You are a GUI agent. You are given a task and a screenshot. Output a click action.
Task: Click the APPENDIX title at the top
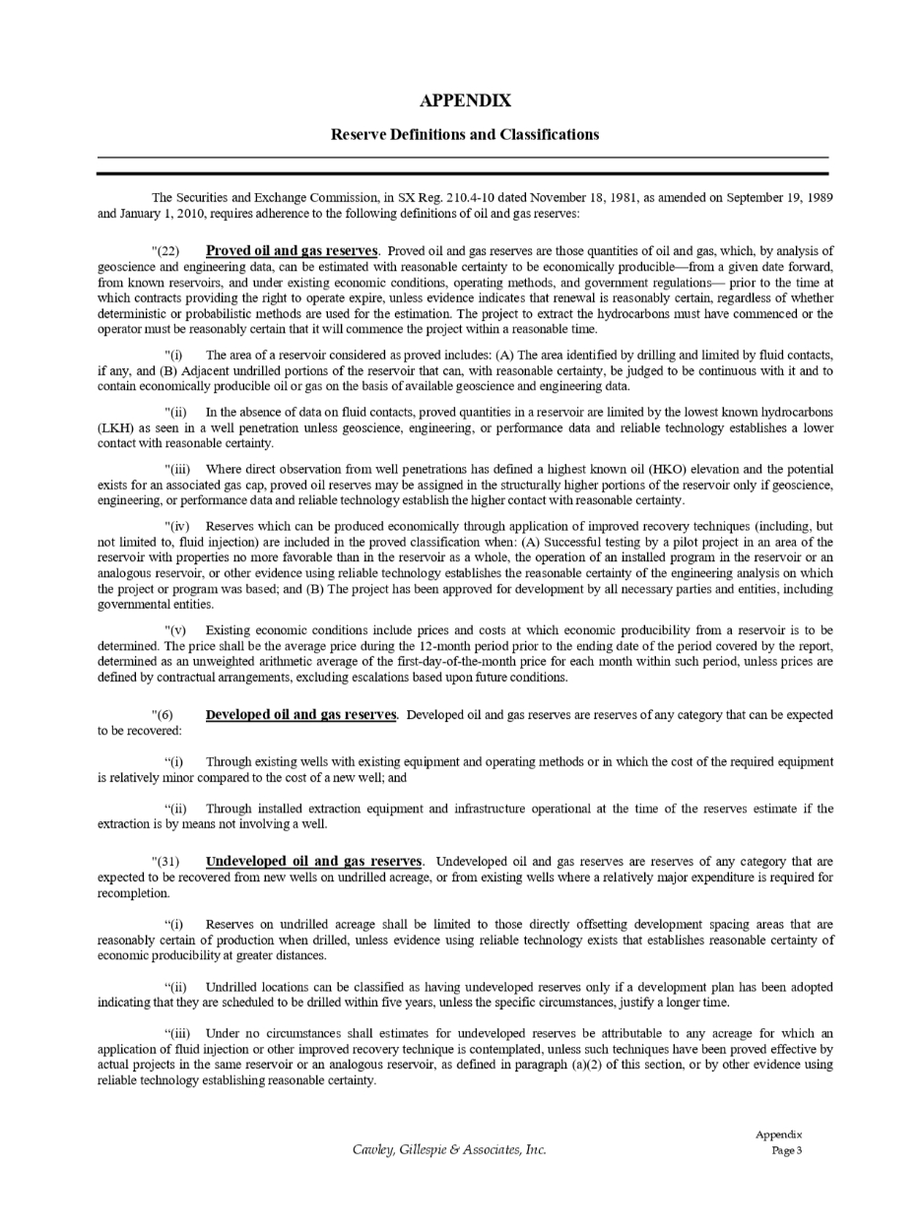(x=465, y=100)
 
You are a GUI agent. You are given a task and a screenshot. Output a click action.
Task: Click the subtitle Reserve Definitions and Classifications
(x=465, y=134)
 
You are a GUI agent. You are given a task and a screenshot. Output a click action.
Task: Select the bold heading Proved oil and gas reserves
(x=292, y=251)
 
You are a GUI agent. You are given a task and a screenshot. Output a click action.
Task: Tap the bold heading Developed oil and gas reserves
(x=301, y=715)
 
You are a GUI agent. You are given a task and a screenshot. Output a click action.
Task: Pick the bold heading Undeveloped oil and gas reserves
(x=314, y=862)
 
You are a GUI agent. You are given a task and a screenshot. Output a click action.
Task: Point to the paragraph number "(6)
(x=163, y=716)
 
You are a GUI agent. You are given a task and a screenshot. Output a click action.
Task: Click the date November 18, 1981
(x=582, y=198)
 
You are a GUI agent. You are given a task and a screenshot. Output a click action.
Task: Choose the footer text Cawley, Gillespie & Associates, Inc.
(x=449, y=1149)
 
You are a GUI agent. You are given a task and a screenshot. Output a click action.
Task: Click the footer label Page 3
(x=788, y=1151)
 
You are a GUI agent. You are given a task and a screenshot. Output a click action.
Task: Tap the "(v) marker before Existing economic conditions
(x=174, y=630)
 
